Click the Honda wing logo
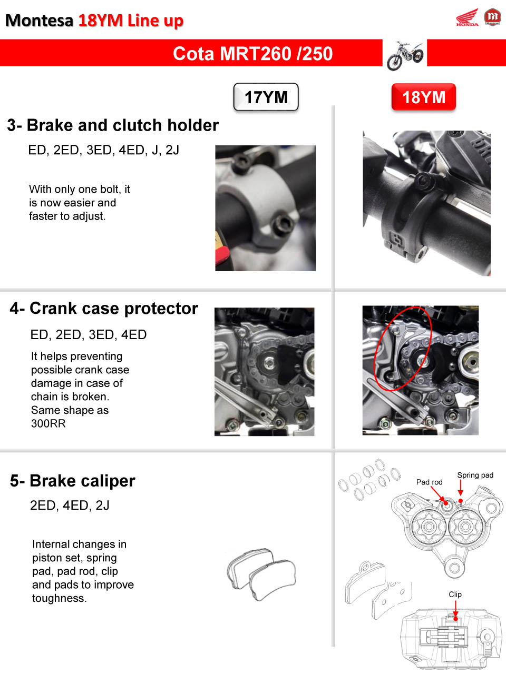(x=467, y=17)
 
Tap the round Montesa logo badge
(x=492, y=17)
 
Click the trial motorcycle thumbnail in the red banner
(x=405, y=55)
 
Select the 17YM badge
(x=266, y=97)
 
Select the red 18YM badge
(x=424, y=97)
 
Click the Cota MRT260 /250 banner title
(x=252, y=53)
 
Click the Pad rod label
(x=429, y=482)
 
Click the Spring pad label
(x=475, y=475)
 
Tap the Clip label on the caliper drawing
(x=455, y=594)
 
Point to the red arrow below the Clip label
(x=455, y=610)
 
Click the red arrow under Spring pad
(x=460, y=488)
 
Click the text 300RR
(x=48, y=423)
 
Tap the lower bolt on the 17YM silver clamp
(x=281, y=221)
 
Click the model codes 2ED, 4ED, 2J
(x=70, y=505)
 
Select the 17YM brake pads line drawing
(x=261, y=574)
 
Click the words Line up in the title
(x=155, y=21)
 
